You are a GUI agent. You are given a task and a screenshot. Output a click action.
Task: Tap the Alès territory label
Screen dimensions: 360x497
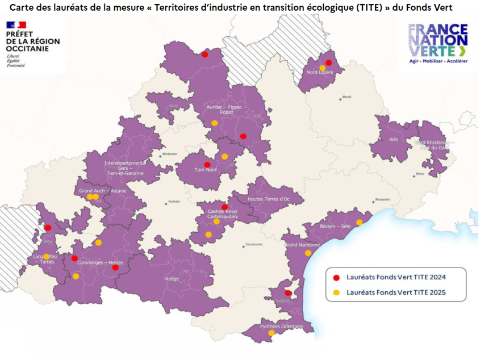[394, 139]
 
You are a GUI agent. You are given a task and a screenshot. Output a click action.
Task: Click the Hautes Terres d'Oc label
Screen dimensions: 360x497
[269, 198]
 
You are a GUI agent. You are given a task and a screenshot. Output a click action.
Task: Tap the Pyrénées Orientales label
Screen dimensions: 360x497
[278, 326]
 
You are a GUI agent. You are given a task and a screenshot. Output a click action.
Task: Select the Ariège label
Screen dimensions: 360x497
[172, 278]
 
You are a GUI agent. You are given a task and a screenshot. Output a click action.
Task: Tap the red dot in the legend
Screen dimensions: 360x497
[336, 277]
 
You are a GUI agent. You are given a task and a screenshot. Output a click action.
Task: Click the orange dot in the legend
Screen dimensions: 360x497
[336, 292]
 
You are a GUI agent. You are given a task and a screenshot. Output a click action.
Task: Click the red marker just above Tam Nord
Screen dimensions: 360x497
[207, 164]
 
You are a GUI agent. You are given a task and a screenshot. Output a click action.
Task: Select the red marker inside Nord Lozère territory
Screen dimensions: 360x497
[328, 62]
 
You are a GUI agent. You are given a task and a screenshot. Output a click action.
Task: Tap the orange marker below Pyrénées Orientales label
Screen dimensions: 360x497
[271, 333]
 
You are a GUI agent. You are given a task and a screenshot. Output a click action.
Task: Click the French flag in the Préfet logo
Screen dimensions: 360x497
[16, 25]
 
